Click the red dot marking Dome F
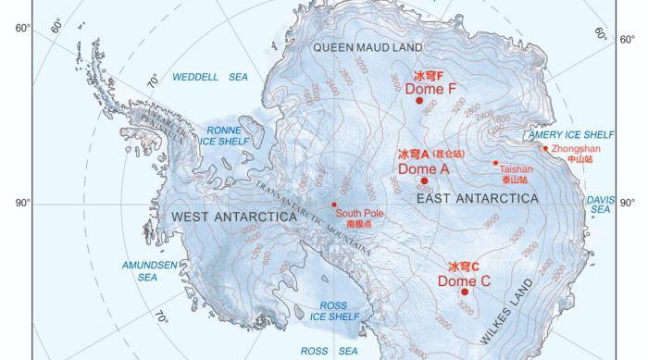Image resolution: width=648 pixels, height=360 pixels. (419, 101)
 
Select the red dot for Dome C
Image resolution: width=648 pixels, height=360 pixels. (465, 292)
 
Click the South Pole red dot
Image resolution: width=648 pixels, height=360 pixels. (334, 205)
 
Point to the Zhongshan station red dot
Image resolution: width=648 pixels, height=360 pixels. (544, 148)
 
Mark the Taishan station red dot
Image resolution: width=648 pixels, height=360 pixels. (496, 163)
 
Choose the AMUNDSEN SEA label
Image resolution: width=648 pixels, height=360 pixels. (147, 270)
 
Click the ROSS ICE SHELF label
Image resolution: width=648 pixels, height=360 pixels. (333, 311)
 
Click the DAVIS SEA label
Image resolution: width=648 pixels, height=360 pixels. (600, 204)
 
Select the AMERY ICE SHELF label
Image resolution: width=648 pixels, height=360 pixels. (571, 134)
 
